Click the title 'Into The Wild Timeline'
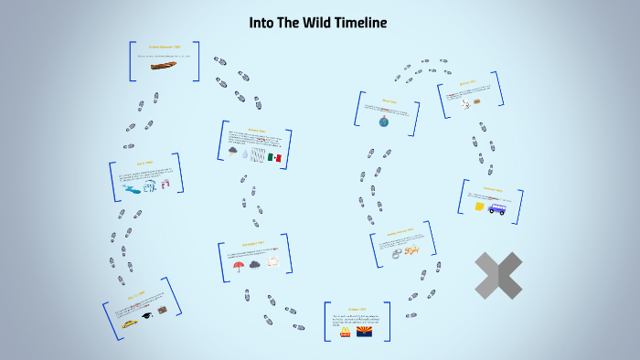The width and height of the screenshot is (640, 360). click(x=318, y=22)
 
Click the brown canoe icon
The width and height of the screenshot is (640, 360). click(x=165, y=68)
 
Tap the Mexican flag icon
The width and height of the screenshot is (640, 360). click(x=276, y=158)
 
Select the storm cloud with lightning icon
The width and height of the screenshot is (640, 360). click(x=234, y=153)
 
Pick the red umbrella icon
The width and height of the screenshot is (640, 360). click(x=239, y=266)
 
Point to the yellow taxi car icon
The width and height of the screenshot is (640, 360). click(x=131, y=323)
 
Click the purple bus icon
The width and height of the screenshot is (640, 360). click(x=496, y=208)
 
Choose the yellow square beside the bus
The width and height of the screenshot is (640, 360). click(x=479, y=206)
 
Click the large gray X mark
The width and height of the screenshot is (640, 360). click(x=498, y=275)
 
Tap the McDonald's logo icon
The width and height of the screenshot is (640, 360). click(x=345, y=333)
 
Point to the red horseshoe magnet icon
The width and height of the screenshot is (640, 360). click(x=165, y=183)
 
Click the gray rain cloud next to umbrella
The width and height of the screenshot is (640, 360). click(x=255, y=265)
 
